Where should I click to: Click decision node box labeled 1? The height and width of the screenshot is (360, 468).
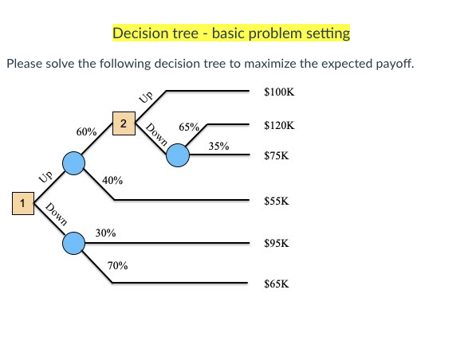[x=23, y=203]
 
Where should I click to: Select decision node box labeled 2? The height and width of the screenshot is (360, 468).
[x=124, y=123]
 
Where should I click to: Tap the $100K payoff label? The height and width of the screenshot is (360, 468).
[x=279, y=92]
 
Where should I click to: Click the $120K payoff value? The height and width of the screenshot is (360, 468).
[x=279, y=126]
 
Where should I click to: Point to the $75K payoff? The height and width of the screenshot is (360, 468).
[x=276, y=156]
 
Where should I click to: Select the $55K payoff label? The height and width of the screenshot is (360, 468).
[x=276, y=202]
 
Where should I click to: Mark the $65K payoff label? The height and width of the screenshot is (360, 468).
[x=276, y=283]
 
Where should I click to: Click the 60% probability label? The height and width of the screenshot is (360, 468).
[x=87, y=131]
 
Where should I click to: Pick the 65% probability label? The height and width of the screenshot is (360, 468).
[x=190, y=127]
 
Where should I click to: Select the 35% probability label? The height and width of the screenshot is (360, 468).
[x=218, y=147]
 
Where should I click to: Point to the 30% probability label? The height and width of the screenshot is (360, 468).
[x=105, y=233]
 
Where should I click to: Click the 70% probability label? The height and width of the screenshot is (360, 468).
[x=117, y=265]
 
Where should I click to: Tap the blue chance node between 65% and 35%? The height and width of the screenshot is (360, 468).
[x=178, y=155]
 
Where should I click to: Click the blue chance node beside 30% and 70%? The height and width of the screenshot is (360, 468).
[x=74, y=243]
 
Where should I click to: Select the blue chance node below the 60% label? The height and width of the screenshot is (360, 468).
[x=74, y=164]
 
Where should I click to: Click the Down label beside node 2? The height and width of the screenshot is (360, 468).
[x=156, y=135]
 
